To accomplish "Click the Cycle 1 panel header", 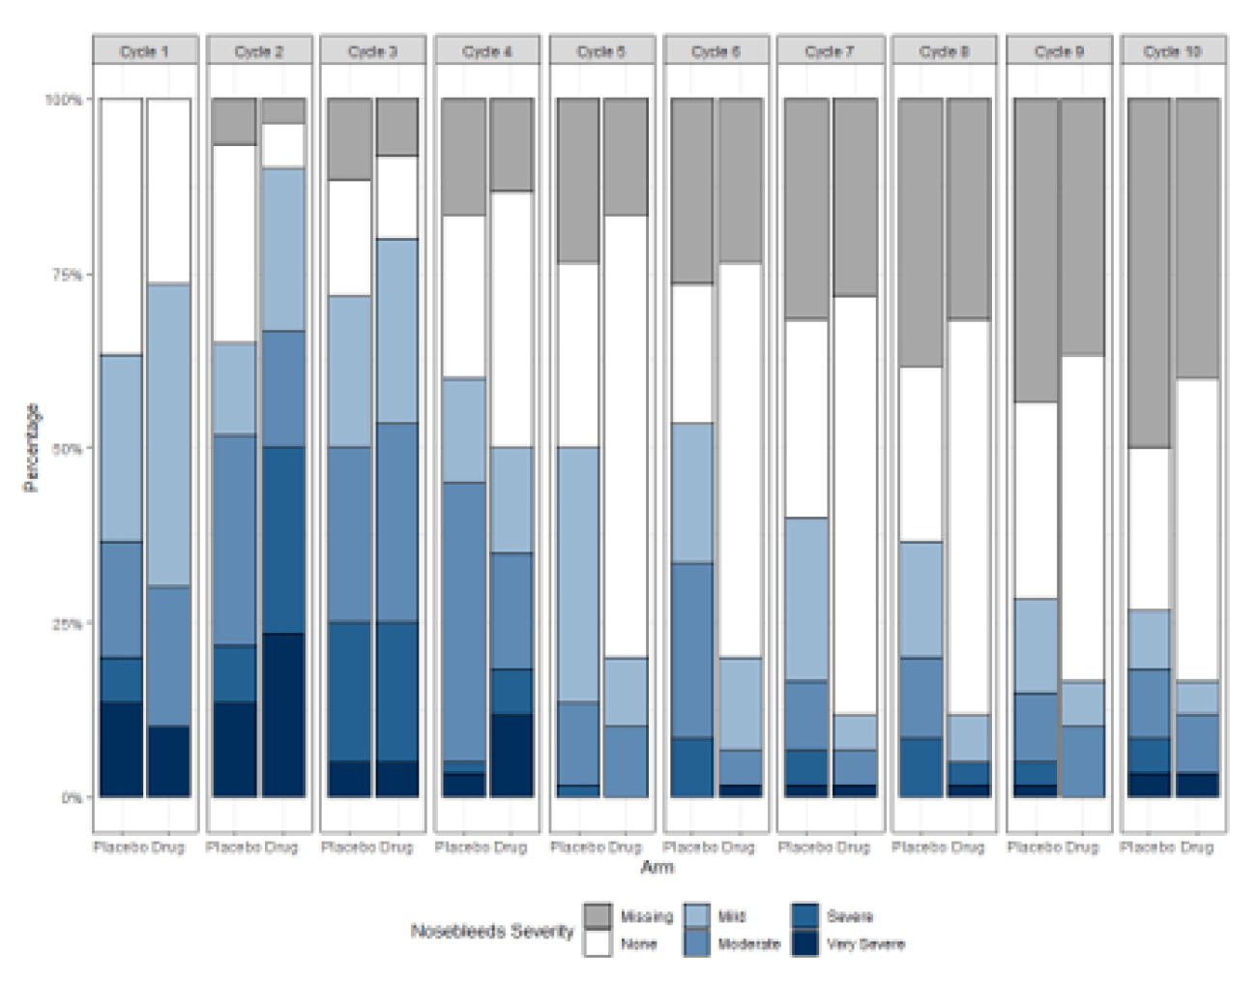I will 145,51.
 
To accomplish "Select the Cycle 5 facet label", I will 601,51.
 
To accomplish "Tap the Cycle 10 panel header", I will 1172,51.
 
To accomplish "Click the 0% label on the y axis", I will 72,798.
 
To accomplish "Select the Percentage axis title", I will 31,448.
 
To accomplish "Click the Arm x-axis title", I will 658,868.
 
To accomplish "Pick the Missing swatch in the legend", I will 598,916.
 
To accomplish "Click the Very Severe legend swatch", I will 805,943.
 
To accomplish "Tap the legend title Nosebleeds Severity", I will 492,932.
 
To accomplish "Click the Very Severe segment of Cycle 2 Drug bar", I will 282,716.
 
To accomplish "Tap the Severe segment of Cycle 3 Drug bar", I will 396,692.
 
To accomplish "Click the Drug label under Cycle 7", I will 853,848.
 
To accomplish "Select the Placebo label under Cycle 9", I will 1034,848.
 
